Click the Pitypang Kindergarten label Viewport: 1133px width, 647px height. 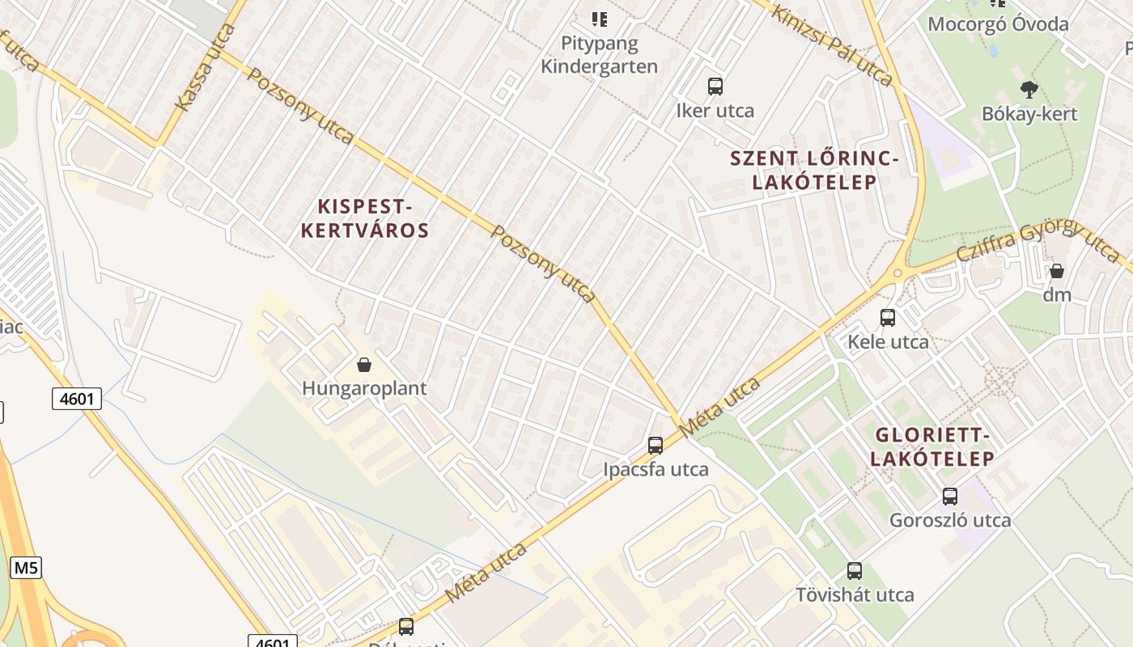(x=599, y=54)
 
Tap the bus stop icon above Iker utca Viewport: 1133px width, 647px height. (x=715, y=87)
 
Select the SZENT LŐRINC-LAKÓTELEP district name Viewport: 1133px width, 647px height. (x=814, y=170)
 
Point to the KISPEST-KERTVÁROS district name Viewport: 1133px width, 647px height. (x=365, y=218)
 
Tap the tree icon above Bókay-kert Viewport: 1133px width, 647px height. (x=1029, y=90)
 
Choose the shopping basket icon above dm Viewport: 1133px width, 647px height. (x=1056, y=271)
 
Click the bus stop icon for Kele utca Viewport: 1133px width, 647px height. (x=888, y=318)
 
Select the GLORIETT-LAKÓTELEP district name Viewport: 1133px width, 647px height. (x=932, y=447)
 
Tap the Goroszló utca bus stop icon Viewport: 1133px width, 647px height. (x=950, y=497)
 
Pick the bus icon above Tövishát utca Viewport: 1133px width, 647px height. (x=854, y=571)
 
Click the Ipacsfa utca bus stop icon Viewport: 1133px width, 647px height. (x=656, y=445)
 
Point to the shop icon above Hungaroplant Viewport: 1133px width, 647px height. (x=364, y=365)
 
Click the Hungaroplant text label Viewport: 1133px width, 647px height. (x=364, y=388)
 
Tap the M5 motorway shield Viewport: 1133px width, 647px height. (x=25, y=568)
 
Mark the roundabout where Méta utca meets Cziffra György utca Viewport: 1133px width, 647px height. (x=897, y=274)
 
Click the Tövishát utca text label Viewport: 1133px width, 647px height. (x=855, y=595)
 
